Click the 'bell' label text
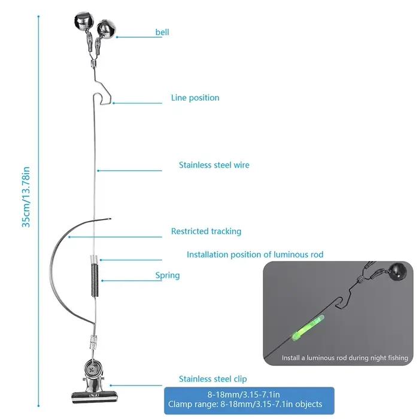[162, 32]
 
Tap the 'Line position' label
[195, 98]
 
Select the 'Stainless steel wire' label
[214, 165]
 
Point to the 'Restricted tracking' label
[206, 231]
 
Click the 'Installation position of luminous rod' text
[255, 254]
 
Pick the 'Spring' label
[168, 275]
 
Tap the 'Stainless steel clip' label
[212, 379]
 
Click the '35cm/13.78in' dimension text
[26, 197]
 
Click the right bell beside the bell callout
[106, 30]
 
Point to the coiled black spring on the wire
[95, 280]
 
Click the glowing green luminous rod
[308, 327]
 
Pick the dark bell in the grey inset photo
[397, 271]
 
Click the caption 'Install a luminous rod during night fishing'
[345, 358]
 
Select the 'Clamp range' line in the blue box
[245, 404]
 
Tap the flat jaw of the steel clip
[95, 397]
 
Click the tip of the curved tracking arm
[111, 219]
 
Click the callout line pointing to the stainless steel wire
[130, 171]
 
